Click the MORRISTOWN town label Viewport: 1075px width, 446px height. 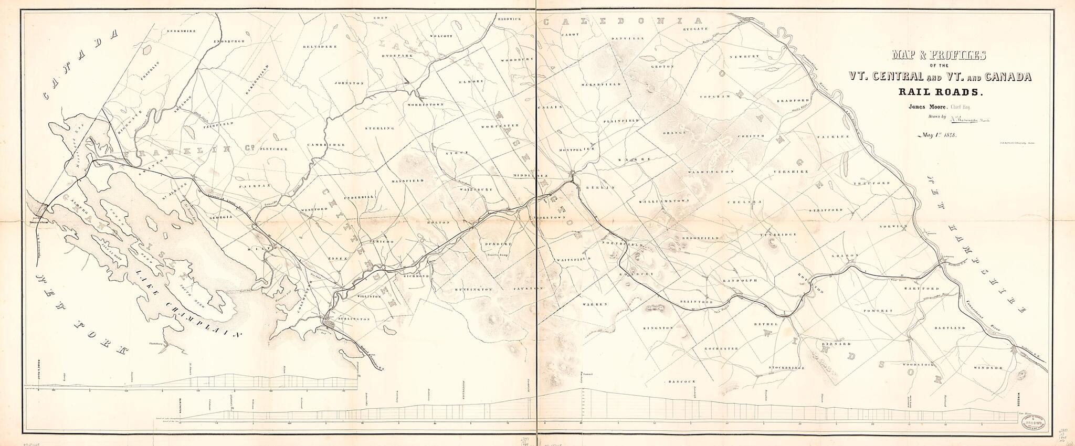426,104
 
